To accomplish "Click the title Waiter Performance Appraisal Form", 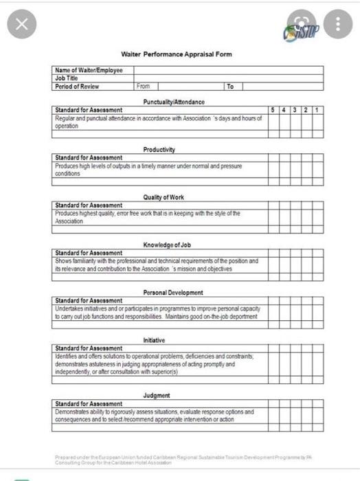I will click(x=177, y=54).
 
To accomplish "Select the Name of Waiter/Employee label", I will click(x=89, y=70).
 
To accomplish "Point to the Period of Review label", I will click(x=77, y=87).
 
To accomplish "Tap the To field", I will click(x=275, y=87).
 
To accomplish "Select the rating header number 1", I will click(x=317, y=110).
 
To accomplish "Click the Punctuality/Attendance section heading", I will click(x=173, y=102).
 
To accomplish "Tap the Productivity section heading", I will click(x=159, y=149).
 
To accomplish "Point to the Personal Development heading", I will click(x=173, y=292).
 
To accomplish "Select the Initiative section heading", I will click(x=154, y=339).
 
